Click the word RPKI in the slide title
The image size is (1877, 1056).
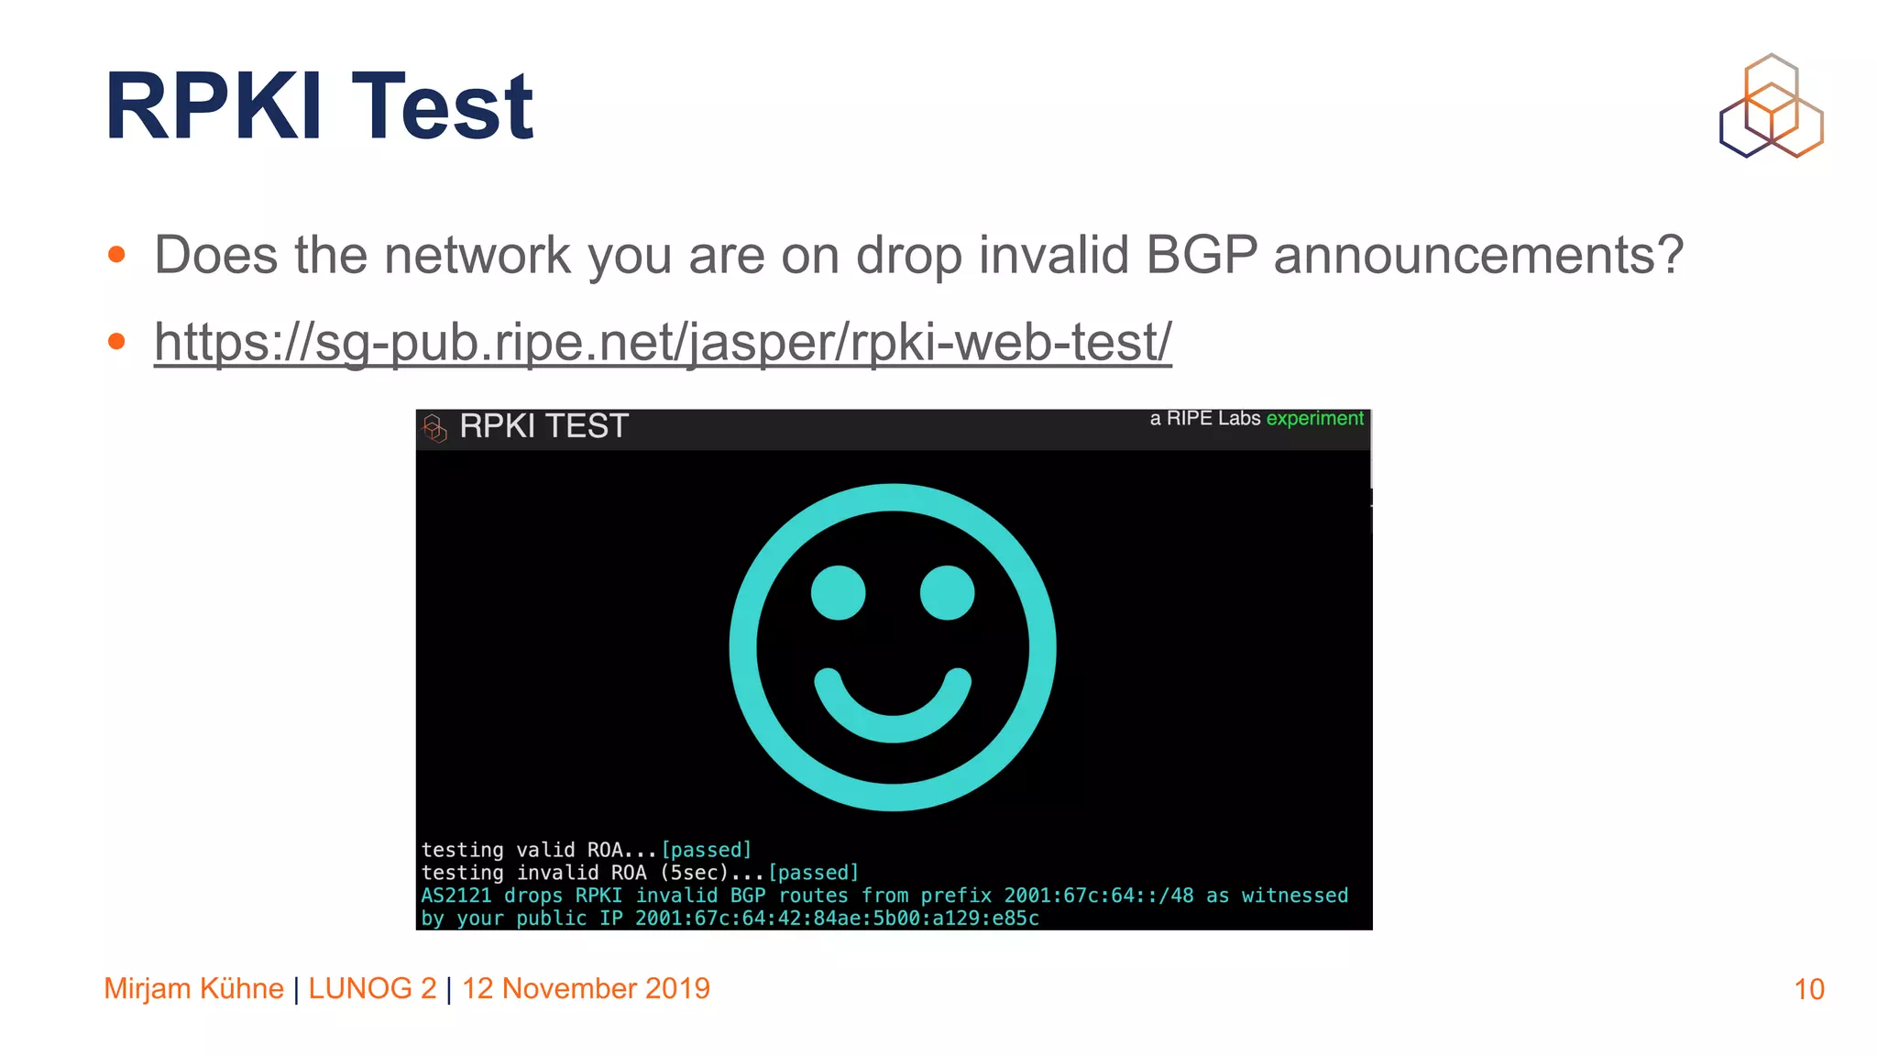pyautogui.click(x=213, y=107)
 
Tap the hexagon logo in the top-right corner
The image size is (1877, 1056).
pyautogui.click(x=1771, y=105)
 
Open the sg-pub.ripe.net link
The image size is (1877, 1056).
pyautogui.click(x=662, y=342)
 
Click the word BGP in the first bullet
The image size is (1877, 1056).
pyautogui.click(x=1201, y=255)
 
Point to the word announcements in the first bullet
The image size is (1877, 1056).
pyautogui.click(x=1477, y=255)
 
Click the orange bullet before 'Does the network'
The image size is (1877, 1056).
pyautogui.click(x=116, y=255)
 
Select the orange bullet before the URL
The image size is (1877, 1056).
pyautogui.click(x=116, y=342)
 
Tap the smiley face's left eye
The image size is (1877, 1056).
pyautogui.click(x=838, y=592)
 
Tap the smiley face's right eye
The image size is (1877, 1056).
pyautogui.click(x=947, y=592)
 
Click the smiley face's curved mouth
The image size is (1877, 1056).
pyautogui.click(x=893, y=715)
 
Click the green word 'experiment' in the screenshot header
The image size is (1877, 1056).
pyautogui.click(x=1314, y=419)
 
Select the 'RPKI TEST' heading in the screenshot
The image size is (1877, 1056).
pyautogui.click(x=543, y=426)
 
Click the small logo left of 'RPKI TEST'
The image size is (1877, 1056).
pyautogui.click(x=434, y=427)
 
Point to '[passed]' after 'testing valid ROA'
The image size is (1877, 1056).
pyautogui.click(x=706, y=850)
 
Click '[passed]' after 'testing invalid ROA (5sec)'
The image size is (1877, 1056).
pyautogui.click(x=813, y=873)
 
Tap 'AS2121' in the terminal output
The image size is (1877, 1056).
pyautogui.click(x=456, y=896)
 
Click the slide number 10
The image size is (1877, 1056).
pyautogui.click(x=1808, y=989)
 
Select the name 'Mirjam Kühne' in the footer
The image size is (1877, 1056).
pyautogui.click(x=193, y=988)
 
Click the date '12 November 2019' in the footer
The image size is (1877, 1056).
pyautogui.click(x=586, y=988)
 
